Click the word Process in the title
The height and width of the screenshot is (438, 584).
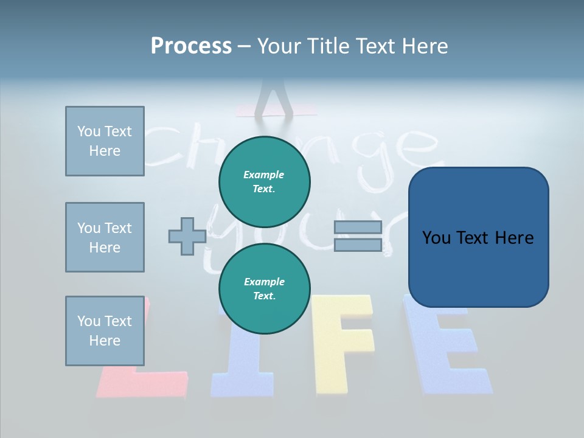coord(191,46)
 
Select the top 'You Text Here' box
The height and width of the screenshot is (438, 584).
coord(105,141)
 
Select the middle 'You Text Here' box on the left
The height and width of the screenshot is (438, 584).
coord(105,237)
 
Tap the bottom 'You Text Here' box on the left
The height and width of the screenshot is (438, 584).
coord(105,331)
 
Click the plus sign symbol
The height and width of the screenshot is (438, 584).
coord(187,236)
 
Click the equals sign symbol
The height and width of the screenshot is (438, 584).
coord(358,236)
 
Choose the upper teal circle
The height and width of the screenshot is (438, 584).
coord(264,181)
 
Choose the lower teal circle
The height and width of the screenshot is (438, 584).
coord(264,289)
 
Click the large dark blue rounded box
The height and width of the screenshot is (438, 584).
coord(478,237)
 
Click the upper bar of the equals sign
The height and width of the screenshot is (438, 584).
coord(358,228)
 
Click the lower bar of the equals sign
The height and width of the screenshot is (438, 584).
coord(358,245)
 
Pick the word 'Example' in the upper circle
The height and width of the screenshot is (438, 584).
coord(264,175)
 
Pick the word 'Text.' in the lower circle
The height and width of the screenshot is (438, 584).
coord(264,296)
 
